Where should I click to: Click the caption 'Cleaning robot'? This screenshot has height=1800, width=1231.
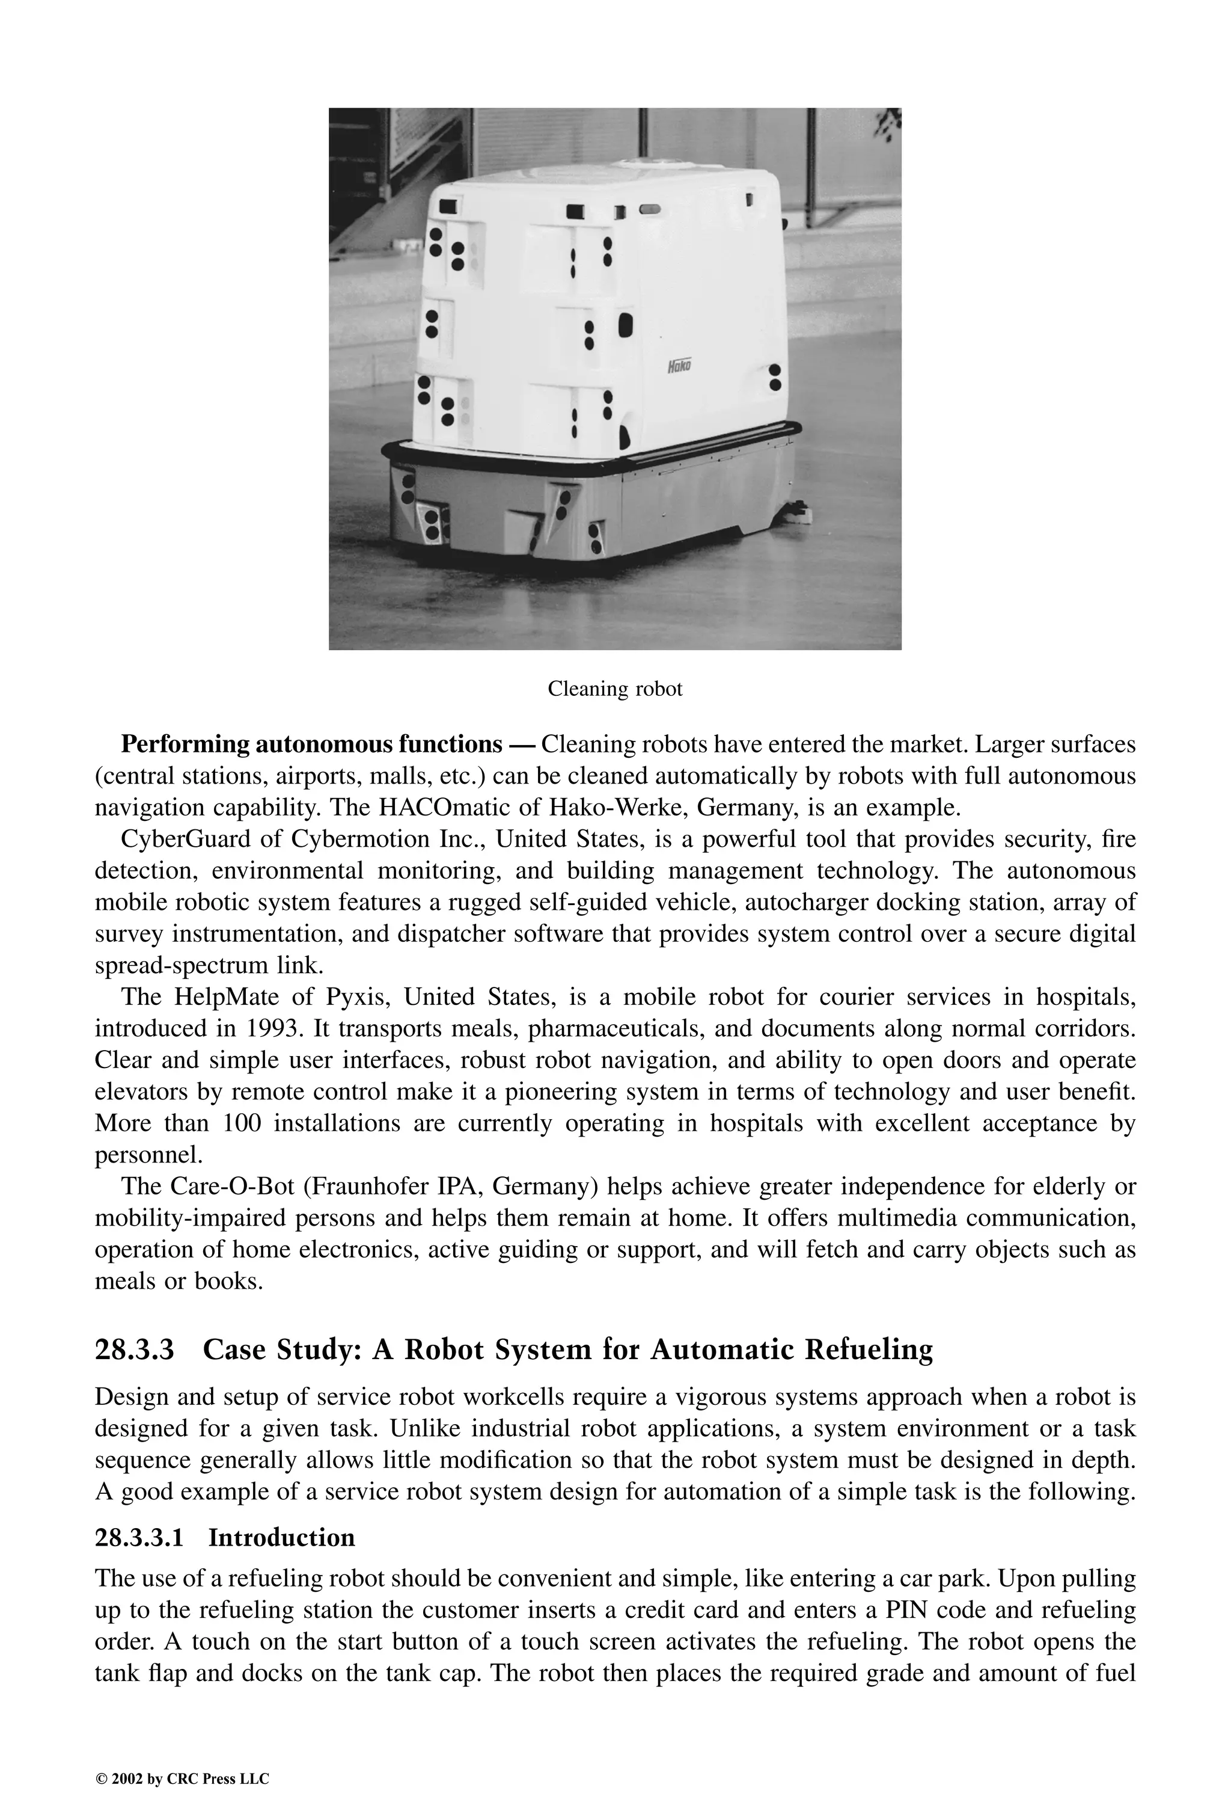click(x=615, y=689)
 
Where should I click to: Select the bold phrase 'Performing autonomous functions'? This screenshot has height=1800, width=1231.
click(x=311, y=745)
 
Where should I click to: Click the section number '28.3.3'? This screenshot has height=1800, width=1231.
click(x=135, y=1350)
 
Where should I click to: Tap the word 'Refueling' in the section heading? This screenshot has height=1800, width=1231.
click(x=869, y=1350)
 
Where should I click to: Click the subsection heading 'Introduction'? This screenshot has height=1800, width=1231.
click(x=281, y=1537)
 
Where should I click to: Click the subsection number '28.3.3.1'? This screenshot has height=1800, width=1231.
click(x=139, y=1537)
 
